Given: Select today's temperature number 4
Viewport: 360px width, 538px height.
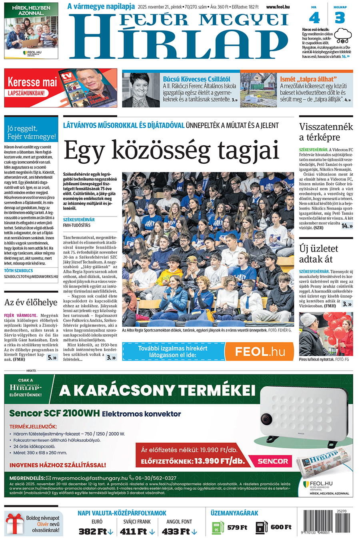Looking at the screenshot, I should pos(314,18).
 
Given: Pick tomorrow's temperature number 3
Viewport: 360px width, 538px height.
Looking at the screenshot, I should pos(340,18).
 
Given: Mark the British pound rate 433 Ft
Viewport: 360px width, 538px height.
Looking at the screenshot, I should pos(176,532).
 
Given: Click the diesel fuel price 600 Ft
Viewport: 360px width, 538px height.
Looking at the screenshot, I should pos(281,527).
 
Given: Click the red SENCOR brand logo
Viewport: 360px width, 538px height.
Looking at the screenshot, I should pos(273,461).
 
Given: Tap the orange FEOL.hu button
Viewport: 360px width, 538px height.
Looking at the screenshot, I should pos(259,351).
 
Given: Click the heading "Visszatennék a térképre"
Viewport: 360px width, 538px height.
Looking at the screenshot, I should pos(326,132).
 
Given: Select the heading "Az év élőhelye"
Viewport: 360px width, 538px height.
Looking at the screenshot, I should pos(31,302).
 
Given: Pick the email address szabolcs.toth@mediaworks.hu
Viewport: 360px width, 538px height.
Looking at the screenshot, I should pos(31,276).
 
